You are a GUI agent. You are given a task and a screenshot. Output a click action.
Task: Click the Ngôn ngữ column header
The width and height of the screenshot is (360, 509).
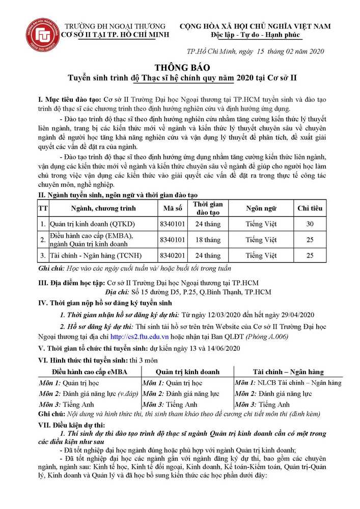(261, 208)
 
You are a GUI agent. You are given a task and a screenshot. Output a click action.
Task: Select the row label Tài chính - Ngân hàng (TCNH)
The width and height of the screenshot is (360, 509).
(96, 255)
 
